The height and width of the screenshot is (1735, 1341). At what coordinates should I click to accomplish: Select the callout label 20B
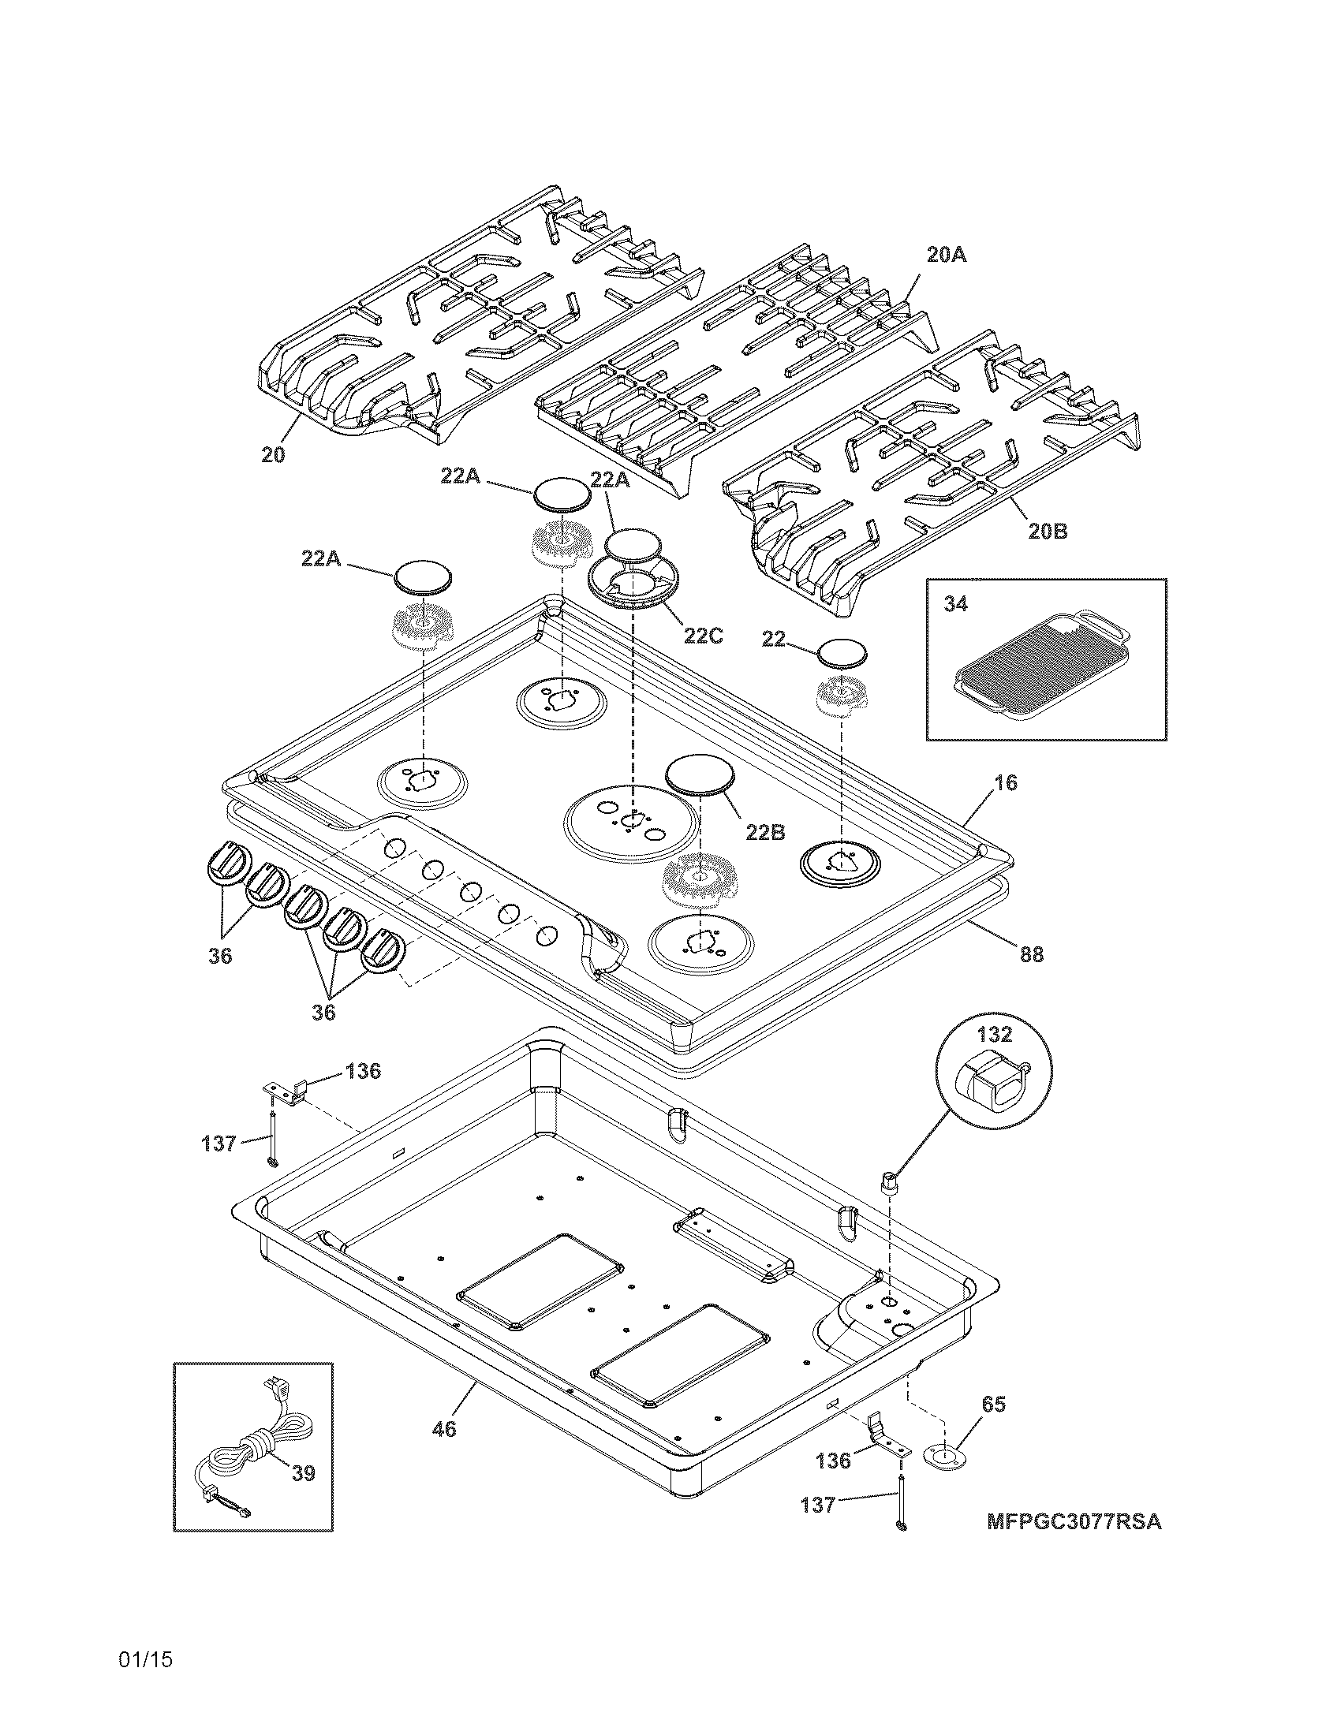click(x=1048, y=532)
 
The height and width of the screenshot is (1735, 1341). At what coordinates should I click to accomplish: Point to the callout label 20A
click(x=947, y=255)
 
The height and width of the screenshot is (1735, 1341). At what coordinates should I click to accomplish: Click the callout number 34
click(x=956, y=605)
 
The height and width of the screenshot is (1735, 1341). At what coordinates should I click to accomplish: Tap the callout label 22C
click(x=703, y=636)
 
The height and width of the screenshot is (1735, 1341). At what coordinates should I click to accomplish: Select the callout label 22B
click(x=766, y=832)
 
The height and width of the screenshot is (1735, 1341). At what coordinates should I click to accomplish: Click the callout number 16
click(x=1005, y=782)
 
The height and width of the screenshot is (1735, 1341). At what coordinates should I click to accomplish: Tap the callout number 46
click(x=444, y=1429)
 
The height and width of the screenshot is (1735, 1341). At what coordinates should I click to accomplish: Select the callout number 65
click(x=993, y=1404)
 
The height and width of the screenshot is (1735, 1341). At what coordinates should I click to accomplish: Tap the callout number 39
click(x=303, y=1474)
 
